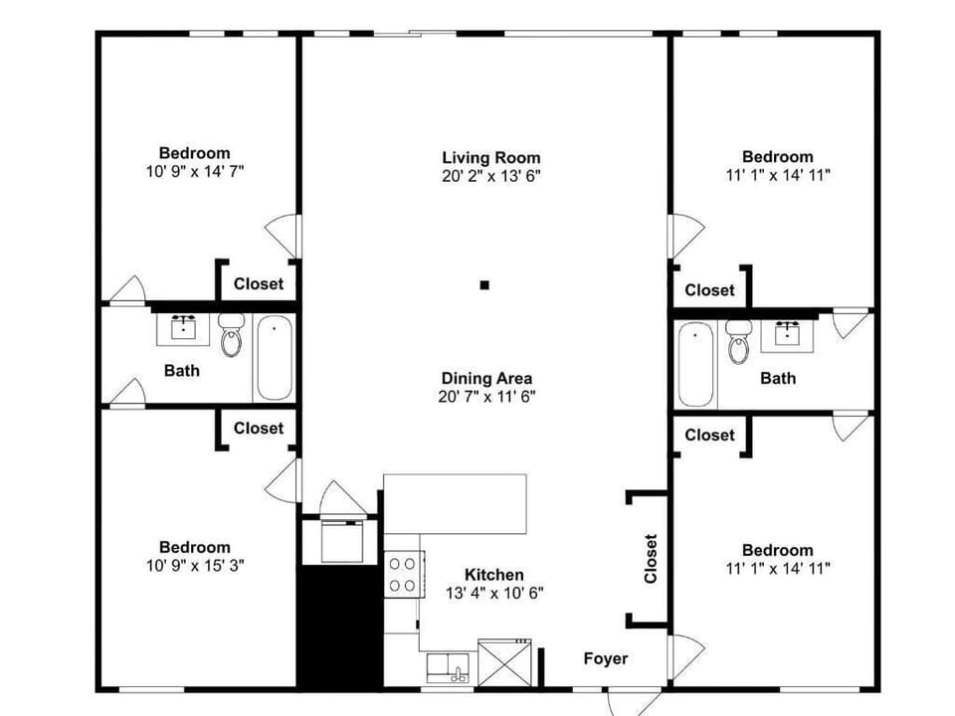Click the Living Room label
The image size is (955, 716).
[491, 157]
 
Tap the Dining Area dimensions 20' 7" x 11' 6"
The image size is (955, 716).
[486, 397]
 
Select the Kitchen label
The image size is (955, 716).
[494, 575]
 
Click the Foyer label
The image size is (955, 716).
[606, 658]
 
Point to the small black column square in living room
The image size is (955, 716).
[484, 285]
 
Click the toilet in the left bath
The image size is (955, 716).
[231, 336]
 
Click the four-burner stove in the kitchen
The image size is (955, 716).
[403, 573]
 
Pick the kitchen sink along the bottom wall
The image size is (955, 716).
[451, 666]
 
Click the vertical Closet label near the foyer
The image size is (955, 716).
[651, 559]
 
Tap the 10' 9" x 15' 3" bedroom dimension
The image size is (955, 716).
[195, 565]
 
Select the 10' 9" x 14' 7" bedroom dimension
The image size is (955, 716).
[195, 171]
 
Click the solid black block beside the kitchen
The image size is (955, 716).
[340, 625]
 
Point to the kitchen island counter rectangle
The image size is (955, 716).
[456, 503]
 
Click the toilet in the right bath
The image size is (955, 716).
[738, 341]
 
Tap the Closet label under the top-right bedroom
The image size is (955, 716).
[709, 290]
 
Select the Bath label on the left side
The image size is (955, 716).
[181, 371]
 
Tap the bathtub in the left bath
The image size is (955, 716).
[273, 356]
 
